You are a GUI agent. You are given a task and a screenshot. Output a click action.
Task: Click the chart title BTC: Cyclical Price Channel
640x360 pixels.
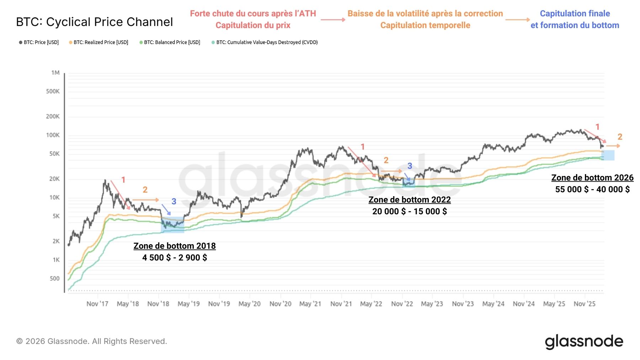(x=95, y=22)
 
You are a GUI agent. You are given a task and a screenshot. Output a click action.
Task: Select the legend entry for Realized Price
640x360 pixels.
(x=101, y=42)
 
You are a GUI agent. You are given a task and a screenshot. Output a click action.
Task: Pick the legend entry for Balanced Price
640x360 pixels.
(x=172, y=42)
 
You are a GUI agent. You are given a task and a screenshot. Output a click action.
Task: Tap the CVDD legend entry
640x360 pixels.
(x=267, y=42)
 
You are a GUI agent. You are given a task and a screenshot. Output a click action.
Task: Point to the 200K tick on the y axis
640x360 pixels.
(x=53, y=117)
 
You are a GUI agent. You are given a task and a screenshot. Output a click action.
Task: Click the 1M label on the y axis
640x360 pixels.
(x=55, y=73)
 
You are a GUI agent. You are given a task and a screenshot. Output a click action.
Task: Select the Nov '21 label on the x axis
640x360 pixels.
(x=341, y=304)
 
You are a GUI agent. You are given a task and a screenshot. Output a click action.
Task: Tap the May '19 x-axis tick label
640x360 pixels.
(x=188, y=304)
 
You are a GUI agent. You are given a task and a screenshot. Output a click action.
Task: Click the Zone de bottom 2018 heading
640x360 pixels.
(x=175, y=246)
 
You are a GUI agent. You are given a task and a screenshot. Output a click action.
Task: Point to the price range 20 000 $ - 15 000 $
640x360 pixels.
(x=410, y=211)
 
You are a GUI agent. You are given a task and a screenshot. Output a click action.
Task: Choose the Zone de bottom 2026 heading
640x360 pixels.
(x=592, y=178)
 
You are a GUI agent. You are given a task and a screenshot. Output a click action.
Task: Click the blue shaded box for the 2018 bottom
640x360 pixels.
(x=172, y=225)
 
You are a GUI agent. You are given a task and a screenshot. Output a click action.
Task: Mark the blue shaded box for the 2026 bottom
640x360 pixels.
(x=608, y=155)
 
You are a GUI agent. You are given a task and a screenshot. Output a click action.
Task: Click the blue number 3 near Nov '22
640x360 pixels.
(x=410, y=166)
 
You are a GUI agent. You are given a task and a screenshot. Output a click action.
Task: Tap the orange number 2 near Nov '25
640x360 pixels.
(x=620, y=137)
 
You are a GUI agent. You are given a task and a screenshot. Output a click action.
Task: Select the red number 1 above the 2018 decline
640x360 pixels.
(x=123, y=180)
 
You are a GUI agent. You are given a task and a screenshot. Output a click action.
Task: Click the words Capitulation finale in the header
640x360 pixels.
(x=575, y=14)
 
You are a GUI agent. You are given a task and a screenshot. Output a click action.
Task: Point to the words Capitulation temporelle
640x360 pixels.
(x=425, y=25)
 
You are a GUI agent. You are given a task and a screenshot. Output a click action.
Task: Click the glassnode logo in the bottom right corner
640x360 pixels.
(x=584, y=342)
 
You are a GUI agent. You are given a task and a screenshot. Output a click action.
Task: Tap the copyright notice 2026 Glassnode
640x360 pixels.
(x=92, y=341)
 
